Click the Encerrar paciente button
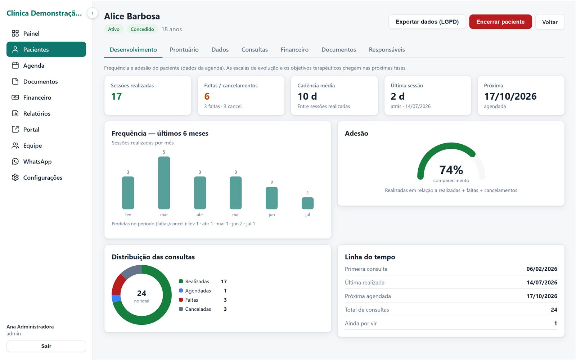pyautogui.click(x=500, y=22)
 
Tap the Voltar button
pyautogui.click(x=550, y=22)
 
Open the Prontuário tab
pyautogui.click(x=184, y=50)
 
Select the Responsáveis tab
pyautogui.click(x=387, y=50)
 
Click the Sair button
pyautogui.click(x=46, y=346)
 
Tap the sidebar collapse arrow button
pyautogui.click(x=92, y=13)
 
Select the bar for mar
pyautogui.click(x=164, y=183)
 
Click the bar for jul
pyautogui.click(x=307, y=203)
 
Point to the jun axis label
pyautogui.click(x=271, y=215)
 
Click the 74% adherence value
pyautogui.click(x=451, y=170)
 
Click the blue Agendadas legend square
pyautogui.click(x=181, y=291)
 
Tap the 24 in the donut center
pyautogui.click(x=142, y=293)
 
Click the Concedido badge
pyautogui.click(x=142, y=29)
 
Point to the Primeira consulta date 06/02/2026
pyautogui.click(x=542, y=269)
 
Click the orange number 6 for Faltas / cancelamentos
pyautogui.click(x=207, y=96)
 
